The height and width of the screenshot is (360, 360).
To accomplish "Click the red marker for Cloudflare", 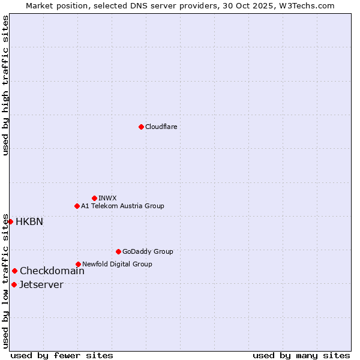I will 141,127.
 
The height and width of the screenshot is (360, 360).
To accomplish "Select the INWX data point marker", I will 94,198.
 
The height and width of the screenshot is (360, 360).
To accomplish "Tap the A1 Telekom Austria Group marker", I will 77,206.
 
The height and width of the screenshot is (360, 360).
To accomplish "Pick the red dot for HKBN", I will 10,221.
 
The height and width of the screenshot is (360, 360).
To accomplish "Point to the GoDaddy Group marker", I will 118,251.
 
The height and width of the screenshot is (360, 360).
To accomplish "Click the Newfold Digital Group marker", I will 78,264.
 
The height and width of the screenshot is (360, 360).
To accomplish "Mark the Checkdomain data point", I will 14,271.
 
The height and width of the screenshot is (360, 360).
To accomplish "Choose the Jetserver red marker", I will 14,284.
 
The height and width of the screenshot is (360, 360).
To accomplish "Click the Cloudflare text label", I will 161,127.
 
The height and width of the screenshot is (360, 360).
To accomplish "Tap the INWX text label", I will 107,198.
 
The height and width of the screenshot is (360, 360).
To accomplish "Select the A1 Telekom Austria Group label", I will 122,206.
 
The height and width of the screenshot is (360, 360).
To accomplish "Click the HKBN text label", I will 29,221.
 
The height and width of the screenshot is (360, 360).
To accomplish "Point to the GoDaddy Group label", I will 148,251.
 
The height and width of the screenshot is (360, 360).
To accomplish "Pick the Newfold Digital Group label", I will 117,264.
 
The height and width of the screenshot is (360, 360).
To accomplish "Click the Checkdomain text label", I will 52,271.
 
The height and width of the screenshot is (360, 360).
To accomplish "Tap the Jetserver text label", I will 41,284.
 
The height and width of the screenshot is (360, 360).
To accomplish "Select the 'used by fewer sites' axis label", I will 62,355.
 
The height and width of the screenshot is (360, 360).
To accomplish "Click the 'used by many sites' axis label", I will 301,355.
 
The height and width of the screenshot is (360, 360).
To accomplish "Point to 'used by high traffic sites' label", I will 5,85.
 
